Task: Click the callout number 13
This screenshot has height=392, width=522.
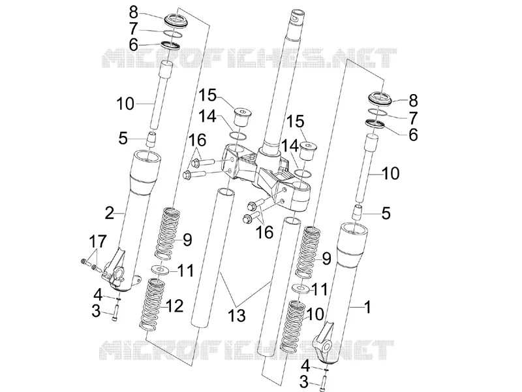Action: (x=237, y=316)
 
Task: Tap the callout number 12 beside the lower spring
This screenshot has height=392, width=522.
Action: (x=174, y=306)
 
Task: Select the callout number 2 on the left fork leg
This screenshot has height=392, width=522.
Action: (x=110, y=213)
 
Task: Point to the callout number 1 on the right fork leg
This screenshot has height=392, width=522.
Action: (x=367, y=307)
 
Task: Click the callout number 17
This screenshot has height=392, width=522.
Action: (x=98, y=241)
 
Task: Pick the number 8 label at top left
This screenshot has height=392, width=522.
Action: (x=134, y=12)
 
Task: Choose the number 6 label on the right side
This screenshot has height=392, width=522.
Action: (x=413, y=135)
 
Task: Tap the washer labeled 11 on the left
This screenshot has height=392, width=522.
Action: (x=159, y=269)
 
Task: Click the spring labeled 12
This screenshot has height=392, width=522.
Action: (x=152, y=305)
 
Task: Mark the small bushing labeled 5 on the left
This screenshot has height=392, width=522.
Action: (x=152, y=139)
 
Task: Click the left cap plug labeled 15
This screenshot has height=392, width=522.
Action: (x=242, y=116)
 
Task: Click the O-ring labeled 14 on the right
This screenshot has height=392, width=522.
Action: (x=303, y=173)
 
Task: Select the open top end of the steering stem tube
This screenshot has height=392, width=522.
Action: (x=297, y=13)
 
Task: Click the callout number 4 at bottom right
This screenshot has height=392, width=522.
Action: (x=305, y=366)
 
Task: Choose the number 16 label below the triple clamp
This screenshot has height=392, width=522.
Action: (x=265, y=232)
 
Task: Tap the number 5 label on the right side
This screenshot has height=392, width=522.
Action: (x=386, y=213)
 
